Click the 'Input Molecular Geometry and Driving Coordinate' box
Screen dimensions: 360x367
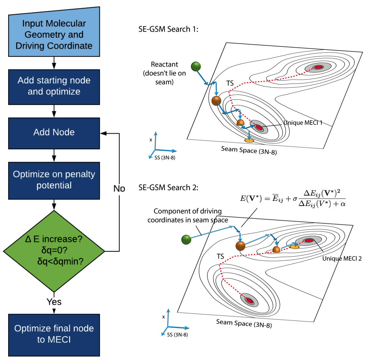[54, 34]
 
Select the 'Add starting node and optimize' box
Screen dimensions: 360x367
[54, 86]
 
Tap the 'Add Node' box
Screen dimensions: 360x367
[54, 132]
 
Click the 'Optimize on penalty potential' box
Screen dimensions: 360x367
[54, 180]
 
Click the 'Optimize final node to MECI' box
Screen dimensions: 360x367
[54, 334]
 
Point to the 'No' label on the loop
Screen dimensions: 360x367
[119, 188]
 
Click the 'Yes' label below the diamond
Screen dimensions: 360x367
[54, 302]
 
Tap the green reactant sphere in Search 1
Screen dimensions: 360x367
[196, 66]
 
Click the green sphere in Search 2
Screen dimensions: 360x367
[186, 240]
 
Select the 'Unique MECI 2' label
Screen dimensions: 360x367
[342, 259]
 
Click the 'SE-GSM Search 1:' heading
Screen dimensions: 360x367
[168, 29]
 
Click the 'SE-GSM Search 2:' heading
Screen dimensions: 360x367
[168, 187]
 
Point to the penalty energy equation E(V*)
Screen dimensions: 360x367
[292, 198]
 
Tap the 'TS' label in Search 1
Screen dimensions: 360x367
[230, 83]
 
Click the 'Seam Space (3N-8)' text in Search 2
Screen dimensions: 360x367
[244, 323]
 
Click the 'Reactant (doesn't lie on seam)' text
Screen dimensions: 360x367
[164, 73]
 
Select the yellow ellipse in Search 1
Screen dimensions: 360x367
[249, 141]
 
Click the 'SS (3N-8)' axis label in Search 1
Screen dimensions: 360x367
[165, 158]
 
